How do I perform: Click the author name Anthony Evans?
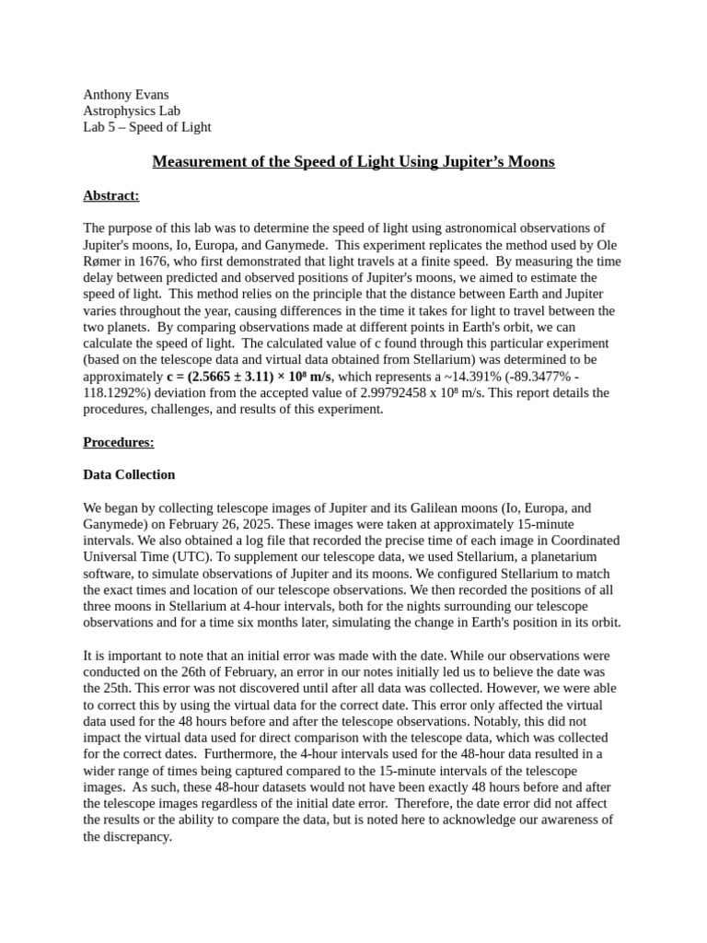tap(126, 95)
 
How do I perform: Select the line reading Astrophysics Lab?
tap(132, 111)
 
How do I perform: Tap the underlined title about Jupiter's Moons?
tap(353, 162)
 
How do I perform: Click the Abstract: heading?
tap(111, 195)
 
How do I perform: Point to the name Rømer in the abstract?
tap(104, 261)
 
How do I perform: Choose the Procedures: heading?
tap(119, 442)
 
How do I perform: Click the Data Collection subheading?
tap(129, 474)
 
